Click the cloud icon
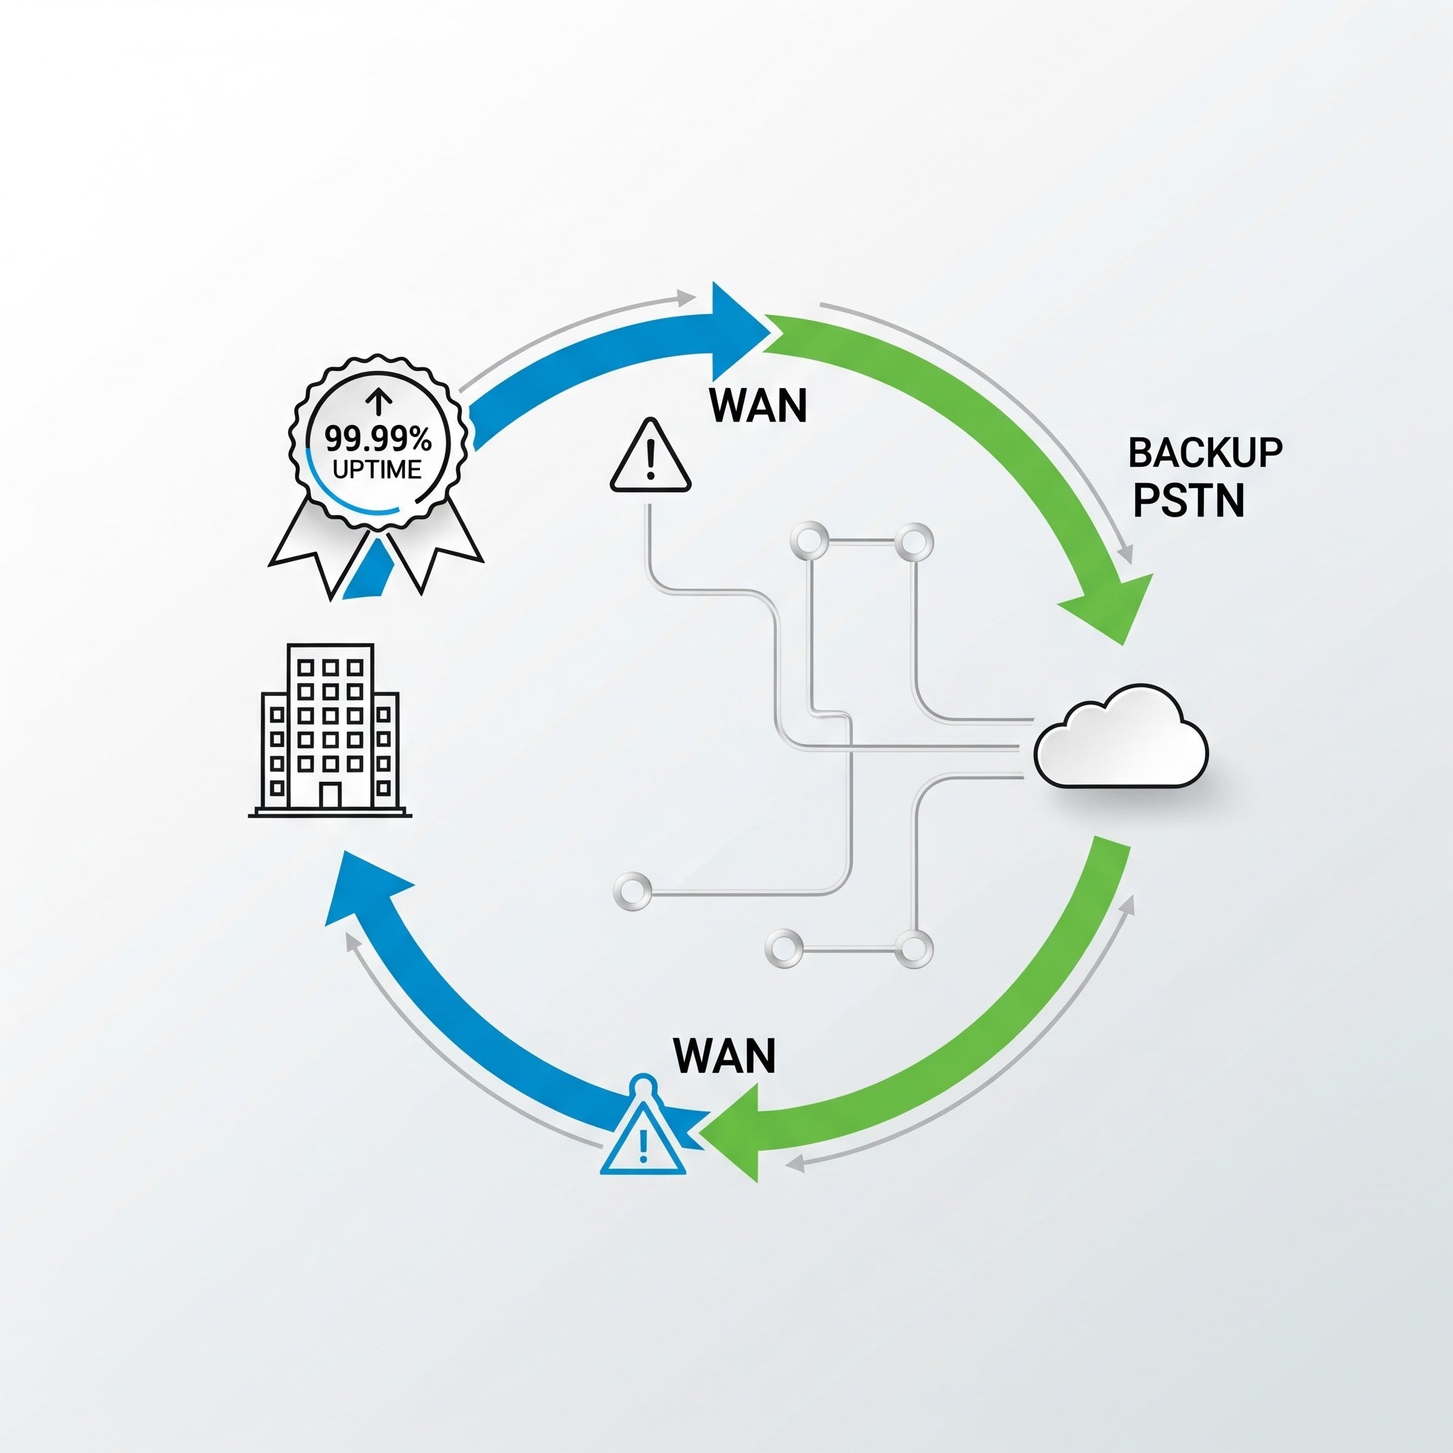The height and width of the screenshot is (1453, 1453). point(1120,740)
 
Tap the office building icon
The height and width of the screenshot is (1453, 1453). point(329,729)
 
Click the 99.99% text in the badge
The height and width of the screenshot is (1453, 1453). point(377,439)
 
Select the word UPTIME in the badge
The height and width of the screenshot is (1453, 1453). point(377,470)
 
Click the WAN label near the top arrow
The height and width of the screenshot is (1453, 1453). point(758,406)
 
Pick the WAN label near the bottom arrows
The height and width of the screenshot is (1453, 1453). point(724,1056)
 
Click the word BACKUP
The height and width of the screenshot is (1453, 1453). point(1205,453)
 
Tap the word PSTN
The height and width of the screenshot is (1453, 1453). point(1188,500)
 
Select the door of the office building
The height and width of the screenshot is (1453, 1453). point(329,796)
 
